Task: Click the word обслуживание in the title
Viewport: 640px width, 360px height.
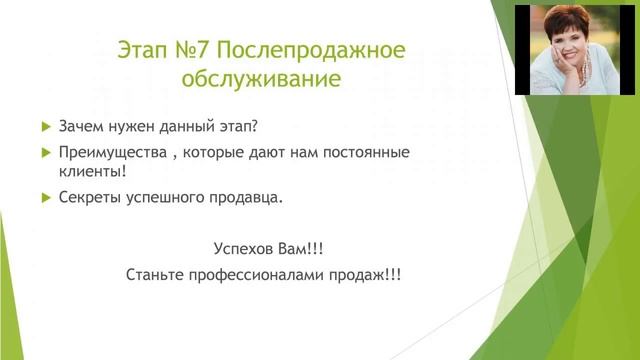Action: click(263, 79)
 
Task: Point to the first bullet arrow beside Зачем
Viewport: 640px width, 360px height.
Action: click(45, 127)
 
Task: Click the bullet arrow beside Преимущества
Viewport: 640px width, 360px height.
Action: click(45, 153)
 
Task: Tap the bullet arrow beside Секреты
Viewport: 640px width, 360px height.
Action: click(45, 197)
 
